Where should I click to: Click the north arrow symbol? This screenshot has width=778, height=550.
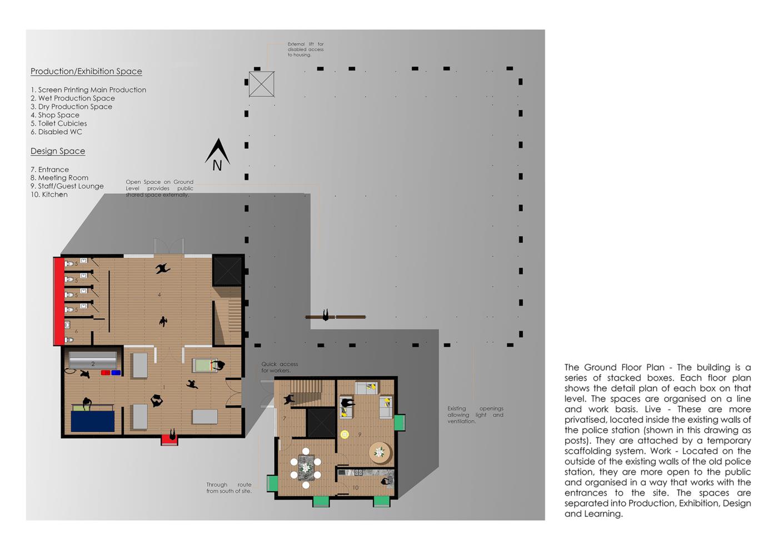(x=217, y=155)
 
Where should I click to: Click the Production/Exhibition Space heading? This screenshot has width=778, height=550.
(x=86, y=71)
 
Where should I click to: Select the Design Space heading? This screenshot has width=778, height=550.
(x=58, y=151)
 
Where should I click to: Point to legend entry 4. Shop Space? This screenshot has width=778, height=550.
(x=55, y=115)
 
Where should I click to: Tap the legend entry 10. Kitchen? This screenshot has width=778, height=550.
(x=49, y=194)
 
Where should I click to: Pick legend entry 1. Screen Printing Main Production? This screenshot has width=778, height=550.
(x=88, y=89)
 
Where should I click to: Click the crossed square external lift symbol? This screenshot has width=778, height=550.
(x=262, y=84)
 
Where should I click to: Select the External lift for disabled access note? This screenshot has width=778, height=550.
(x=306, y=49)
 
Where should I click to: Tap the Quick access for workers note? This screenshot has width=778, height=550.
(x=280, y=367)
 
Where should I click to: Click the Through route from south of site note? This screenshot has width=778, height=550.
(x=229, y=488)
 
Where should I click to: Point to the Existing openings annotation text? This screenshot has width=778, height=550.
(x=475, y=414)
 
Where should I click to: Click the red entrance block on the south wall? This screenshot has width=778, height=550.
(x=169, y=441)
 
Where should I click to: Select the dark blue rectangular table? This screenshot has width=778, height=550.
(x=93, y=421)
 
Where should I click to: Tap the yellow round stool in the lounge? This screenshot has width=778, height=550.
(x=345, y=434)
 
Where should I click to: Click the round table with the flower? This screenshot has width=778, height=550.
(x=381, y=452)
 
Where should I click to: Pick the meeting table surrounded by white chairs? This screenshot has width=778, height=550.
(x=306, y=468)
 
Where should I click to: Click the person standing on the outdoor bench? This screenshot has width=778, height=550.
(x=326, y=315)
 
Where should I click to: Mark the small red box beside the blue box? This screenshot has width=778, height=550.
(x=106, y=373)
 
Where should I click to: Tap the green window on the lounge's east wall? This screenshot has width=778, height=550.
(x=400, y=423)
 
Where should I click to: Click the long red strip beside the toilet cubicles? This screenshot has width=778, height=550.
(x=59, y=301)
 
